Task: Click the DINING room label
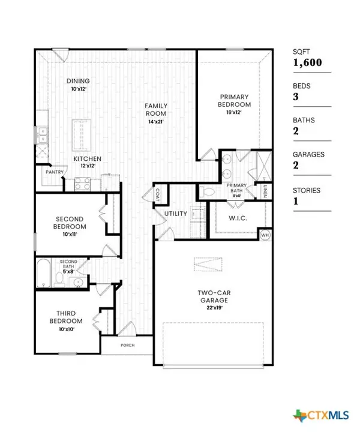click(78, 82)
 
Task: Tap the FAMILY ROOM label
click(155, 109)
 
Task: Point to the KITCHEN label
click(87, 158)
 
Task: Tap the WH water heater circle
click(265, 235)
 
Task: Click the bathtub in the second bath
click(44, 273)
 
